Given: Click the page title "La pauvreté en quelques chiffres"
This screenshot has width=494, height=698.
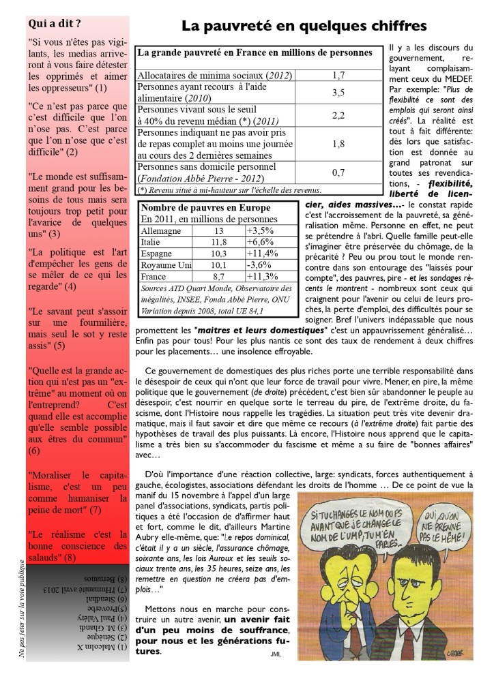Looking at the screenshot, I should click(x=304, y=26).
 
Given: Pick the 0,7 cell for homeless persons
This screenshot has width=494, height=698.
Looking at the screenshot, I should click(x=338, y=172).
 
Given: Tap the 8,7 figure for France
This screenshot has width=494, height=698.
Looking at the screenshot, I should click(x=218, y=277).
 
